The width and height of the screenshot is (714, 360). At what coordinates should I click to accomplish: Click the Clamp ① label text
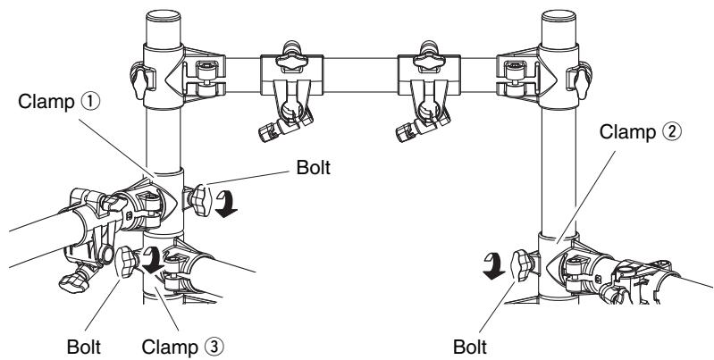click(x=58, y=102)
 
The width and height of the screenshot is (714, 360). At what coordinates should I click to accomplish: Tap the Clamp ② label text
click(x=640, y=132)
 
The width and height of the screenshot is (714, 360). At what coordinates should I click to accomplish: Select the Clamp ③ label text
click(x=182, y=347)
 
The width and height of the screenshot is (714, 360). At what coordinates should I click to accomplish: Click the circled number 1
click(x=89, y=102)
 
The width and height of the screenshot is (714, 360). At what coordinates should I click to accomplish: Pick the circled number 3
click(x=214, y=347)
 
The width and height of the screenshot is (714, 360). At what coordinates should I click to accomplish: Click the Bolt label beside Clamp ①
click(x=314, y=167)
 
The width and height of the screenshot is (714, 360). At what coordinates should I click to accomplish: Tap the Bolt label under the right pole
click(x=470, y=347)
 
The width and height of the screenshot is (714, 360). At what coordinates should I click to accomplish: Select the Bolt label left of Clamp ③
click(x=84, y=347)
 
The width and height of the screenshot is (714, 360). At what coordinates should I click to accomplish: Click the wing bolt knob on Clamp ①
click(x=200, y=200)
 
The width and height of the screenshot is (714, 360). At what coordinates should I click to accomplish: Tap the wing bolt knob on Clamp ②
click(x=522, y=265)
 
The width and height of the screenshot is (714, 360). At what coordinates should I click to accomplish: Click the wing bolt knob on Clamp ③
click(x=127, y=262)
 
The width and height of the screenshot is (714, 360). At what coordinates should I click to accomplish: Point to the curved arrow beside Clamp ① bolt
click(x=226, y=204)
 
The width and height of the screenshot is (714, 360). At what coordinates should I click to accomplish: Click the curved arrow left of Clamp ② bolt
click(x=494, y=266)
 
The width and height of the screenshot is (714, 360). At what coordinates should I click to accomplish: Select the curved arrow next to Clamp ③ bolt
click(x=151, y=259)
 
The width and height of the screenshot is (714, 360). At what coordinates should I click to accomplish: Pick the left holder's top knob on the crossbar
click(x=292, y=56)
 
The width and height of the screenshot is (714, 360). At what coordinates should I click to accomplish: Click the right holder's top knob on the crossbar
click(x=429, y=56)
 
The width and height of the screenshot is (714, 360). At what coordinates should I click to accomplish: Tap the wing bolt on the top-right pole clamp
click(x=582, y=81)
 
